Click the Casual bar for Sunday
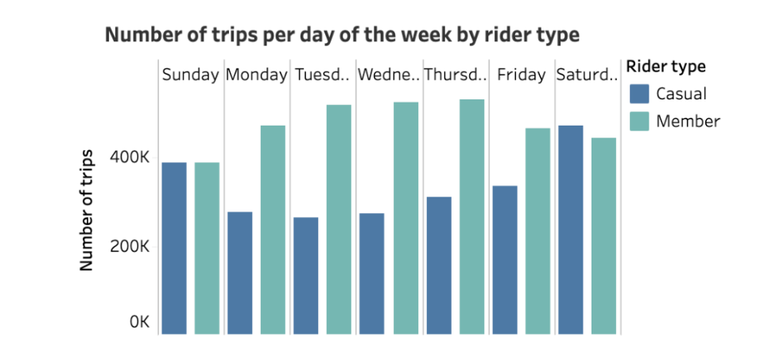coord(174,248)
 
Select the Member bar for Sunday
coord(207,248)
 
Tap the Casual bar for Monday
coord(240,273)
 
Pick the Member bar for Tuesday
coord(339,219)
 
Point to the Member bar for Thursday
coord(471,216)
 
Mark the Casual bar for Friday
coord(505,260)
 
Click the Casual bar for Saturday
coord(571,230)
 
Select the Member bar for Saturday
coord(603,236)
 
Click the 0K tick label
coord(138,322)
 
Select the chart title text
coord(343,35)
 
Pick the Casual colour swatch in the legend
coord(639,94)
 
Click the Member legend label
coord(688,121)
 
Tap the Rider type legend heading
coord(665,66)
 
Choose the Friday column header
coord(522,76)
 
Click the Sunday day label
coord(191,76)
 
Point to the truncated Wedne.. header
coord(389,76)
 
